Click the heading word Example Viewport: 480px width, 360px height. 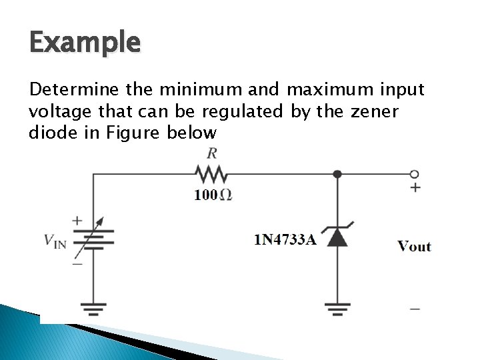coord(85,44)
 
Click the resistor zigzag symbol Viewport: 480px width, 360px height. coord(211,175)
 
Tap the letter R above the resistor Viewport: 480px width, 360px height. coord(212,153)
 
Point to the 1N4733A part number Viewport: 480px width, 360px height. coord(285,239)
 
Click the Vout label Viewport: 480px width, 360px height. coord(414,247)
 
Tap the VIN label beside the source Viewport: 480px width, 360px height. coord(55,241)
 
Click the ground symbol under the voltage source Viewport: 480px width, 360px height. coord(93,308)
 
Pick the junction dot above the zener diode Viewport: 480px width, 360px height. coord(337,174)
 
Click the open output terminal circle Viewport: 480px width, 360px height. coord(415,174)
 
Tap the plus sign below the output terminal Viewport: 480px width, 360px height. coord(415,188)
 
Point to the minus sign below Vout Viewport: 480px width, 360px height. coord(415,309)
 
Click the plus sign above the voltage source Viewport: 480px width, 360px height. coord(78,219)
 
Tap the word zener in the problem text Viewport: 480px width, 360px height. coord(373,111)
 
